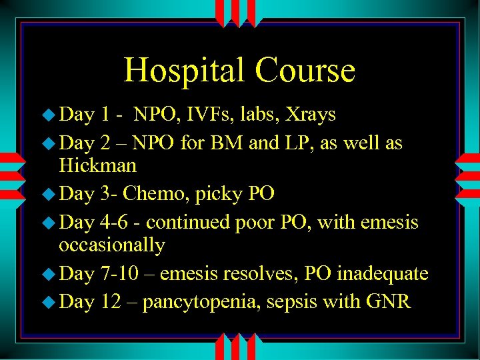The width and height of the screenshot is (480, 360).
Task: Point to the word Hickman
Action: [97, 165]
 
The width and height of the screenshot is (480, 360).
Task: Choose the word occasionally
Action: [111, 245]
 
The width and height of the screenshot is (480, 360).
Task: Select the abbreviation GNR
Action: [389, 302]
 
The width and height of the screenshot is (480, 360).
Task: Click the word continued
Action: [188, 222]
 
